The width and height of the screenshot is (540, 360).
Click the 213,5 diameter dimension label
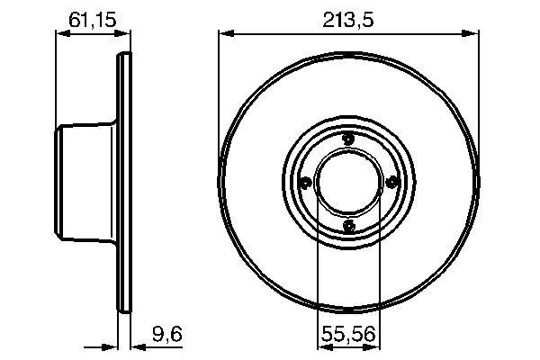348,18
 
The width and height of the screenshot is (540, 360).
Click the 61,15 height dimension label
88,18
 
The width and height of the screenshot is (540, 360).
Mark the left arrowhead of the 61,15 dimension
61,34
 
